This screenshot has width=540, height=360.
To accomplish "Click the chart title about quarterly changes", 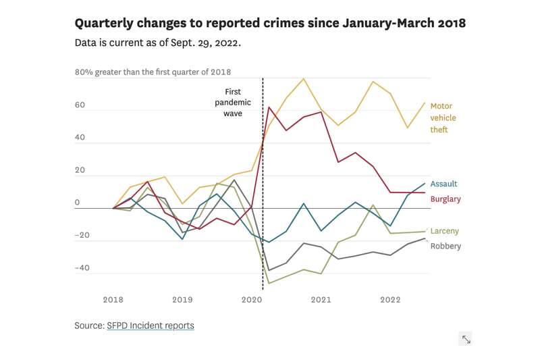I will [x=270, y=23].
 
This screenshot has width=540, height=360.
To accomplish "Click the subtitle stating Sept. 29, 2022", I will [x=158, y=43].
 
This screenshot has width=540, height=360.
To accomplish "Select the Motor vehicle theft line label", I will [x=443, y=118].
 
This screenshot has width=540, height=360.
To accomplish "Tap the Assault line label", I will [x=443, y=184].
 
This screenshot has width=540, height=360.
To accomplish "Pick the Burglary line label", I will [x=446, y=199].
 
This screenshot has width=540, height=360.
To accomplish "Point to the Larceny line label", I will [x=444, y=231].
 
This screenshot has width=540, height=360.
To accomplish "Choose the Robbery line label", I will [x=446, y=246].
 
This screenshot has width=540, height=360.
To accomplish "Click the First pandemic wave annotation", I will [x=233, y=103].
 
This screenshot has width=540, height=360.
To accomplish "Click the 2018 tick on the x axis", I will [x=112, y=299].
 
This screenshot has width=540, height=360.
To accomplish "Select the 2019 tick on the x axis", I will [x=182, y=299].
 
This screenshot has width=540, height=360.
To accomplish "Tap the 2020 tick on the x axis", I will [x=252, y=299].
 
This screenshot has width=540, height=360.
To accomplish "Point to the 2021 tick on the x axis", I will [x=321, y=299].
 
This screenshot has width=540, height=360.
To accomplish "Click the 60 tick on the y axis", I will [x=80, y=105].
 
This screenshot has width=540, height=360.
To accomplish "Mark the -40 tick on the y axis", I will [x=82, y=268].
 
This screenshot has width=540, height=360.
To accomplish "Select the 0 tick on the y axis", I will [x=77, y=203].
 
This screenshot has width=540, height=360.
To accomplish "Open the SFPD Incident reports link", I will [x=151, y=326].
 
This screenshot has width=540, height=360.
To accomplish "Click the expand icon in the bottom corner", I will [x=466, y=339].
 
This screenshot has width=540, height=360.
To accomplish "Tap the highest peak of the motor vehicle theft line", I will [x=304, y=79].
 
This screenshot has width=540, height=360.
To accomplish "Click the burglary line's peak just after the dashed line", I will [x=269, y=107].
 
